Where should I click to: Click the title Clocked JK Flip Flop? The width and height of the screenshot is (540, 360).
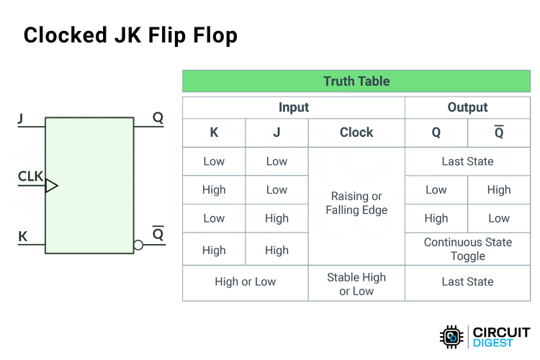[130, 35]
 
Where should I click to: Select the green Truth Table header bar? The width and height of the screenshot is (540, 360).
[356, 81]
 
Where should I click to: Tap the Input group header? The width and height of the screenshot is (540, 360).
[293, 108]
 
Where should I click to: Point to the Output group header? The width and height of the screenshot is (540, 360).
[467, 108]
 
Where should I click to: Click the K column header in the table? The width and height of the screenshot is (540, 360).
[214, 132]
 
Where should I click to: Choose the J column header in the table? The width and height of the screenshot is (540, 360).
[276, 132]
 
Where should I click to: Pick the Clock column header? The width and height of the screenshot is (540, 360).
[356, 132]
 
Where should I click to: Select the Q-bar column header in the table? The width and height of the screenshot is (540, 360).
[498, 132]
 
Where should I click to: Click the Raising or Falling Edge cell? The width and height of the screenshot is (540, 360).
[356, 203]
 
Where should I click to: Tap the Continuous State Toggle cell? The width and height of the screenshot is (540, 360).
[467, 249]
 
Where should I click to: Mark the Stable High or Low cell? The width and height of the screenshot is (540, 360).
[356, 284]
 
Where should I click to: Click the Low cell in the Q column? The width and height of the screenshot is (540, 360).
[436, 190]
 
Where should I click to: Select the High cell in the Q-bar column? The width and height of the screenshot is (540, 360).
[498, 190]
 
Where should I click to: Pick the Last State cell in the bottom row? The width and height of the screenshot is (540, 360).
[467, 282]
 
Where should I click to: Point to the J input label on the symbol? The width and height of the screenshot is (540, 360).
[21, 118]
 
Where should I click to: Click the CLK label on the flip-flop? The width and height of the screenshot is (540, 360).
[30, 176]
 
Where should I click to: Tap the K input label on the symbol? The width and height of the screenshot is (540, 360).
[22, 235]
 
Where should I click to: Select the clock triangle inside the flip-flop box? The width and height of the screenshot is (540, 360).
[51, 186]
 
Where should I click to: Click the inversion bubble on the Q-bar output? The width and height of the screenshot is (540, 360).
[138, 245]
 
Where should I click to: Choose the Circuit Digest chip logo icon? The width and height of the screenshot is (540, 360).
[451, 337]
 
